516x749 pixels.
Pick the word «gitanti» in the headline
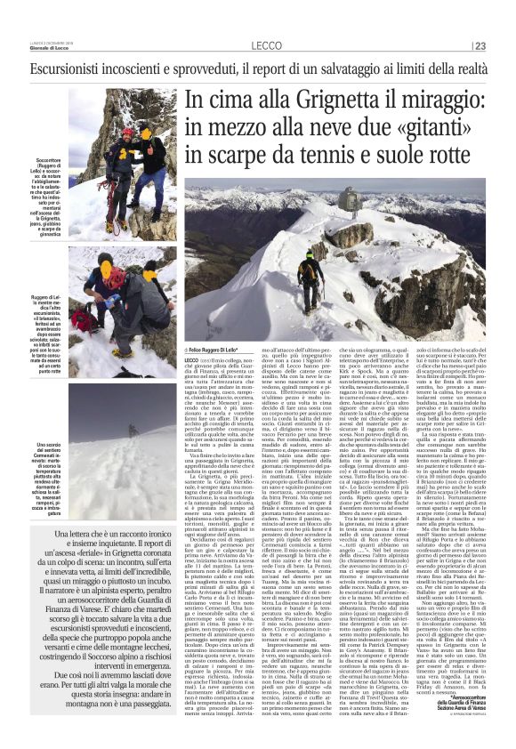[450, 129]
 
